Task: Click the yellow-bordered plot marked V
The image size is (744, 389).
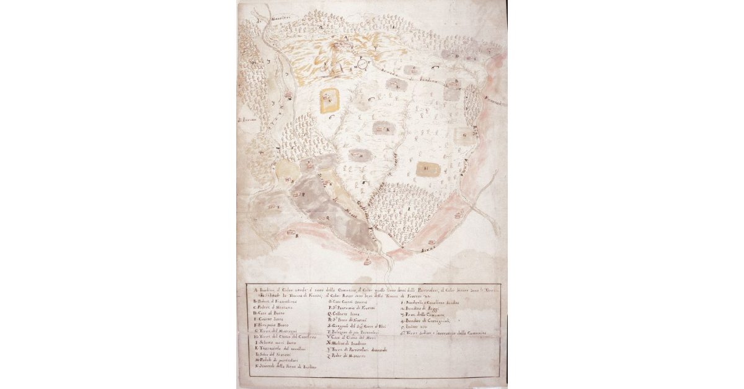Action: tap(329, 99)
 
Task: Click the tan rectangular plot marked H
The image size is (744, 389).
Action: tap(427, 167)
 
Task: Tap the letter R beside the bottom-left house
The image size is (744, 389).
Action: tap(297, 236)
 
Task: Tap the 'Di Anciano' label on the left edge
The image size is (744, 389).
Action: tap(247, 119)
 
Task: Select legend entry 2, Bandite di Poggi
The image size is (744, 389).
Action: tap(422, 308)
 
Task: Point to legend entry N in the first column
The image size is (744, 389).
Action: tap(285, 368)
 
